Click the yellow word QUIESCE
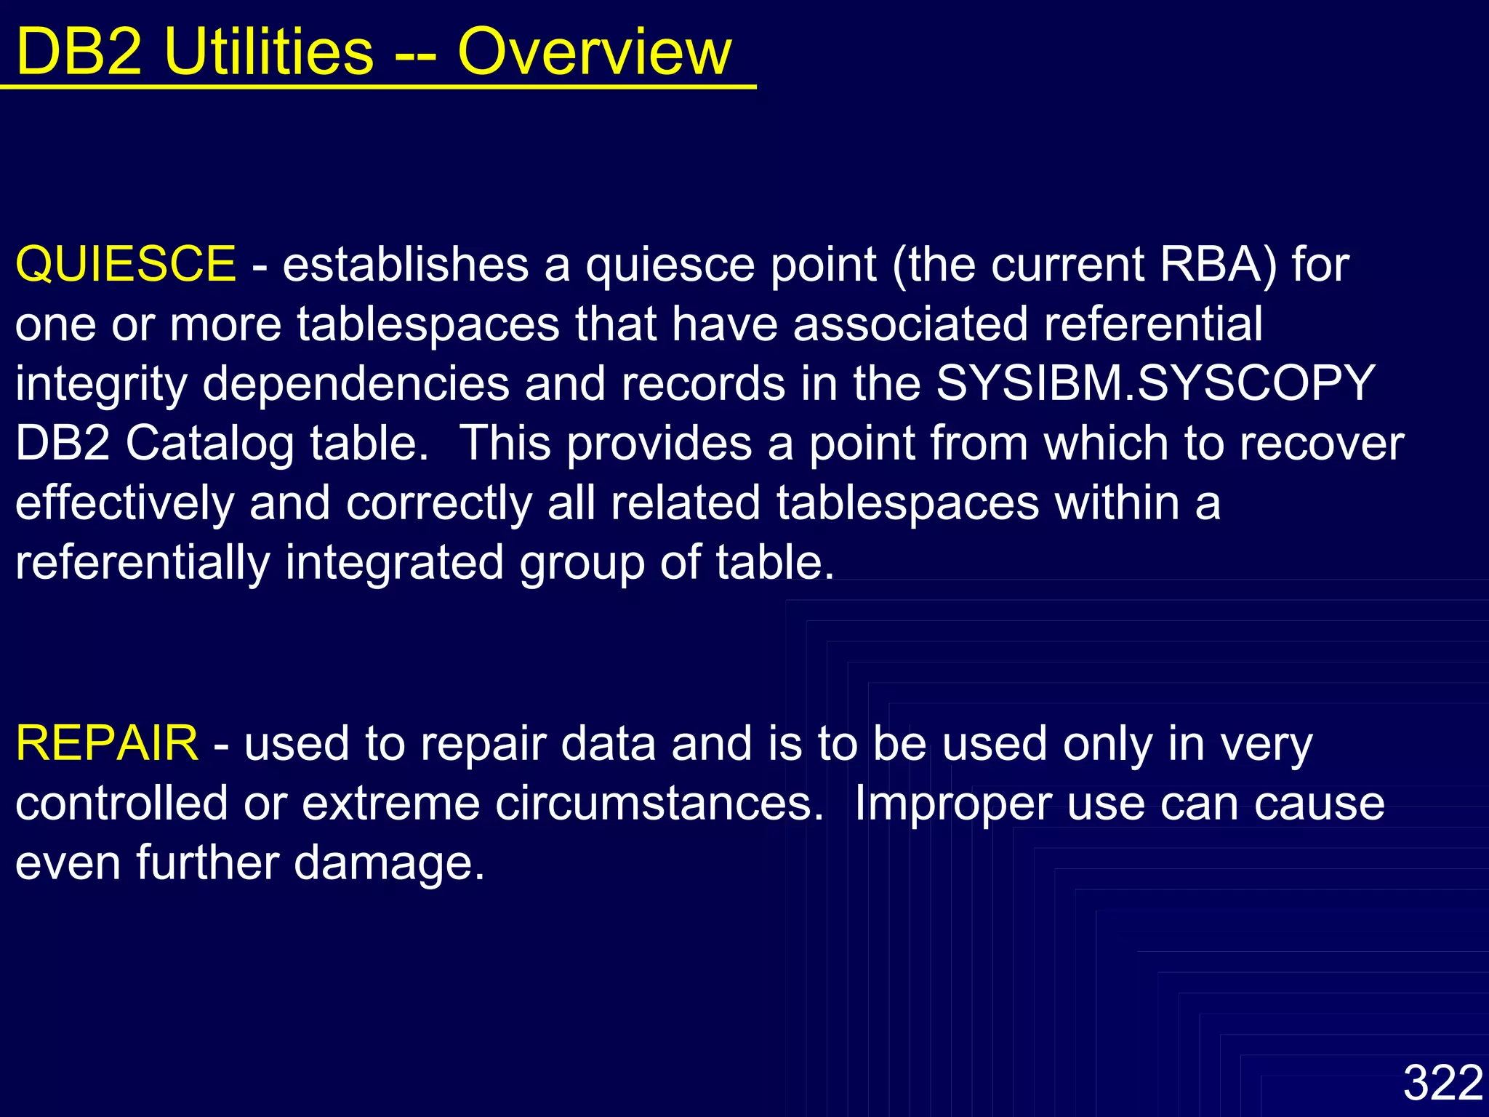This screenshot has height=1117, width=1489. click(125, 264)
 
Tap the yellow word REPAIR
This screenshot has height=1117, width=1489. click(107, 744)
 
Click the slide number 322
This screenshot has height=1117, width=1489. click(1442, 1083)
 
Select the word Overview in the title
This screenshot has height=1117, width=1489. click(594, 52)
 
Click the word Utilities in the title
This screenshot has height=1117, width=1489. click(269, 52)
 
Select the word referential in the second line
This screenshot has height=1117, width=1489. click(1153, 324)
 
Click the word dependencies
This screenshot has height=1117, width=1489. click(356, 383)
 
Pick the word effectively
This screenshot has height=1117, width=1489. click(124, 503)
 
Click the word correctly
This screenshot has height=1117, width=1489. click(439, 503)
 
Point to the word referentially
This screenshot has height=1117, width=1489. click(143, 563)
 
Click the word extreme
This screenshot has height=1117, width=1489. click(390, 804)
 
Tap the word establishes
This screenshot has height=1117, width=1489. click(406, 264)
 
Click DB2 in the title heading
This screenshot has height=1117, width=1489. click(79, 52)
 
